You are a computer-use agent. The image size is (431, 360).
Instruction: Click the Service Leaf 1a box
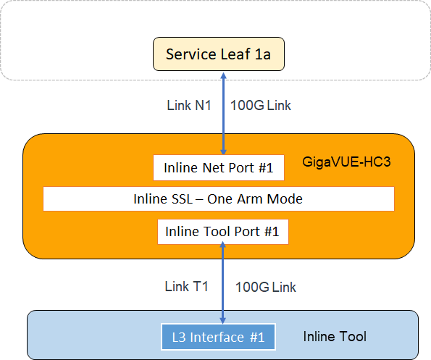coord(219,54)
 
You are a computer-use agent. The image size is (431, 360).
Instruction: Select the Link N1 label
coord(189,106)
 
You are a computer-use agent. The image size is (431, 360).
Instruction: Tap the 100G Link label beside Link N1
coord(261,106)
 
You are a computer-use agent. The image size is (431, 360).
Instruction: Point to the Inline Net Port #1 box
coord(219,167)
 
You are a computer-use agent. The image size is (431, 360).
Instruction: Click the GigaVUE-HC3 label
coord(346,162)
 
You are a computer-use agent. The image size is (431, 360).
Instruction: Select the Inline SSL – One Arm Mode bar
coord(219,199)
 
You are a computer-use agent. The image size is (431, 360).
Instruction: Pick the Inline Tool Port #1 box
coord(223,232)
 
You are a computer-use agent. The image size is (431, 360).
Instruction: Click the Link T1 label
coord(186,287)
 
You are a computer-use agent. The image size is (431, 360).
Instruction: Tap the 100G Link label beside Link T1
coord(266,287)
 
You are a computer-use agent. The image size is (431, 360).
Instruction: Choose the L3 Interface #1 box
coord(218,338)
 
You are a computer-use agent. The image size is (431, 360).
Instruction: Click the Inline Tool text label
coord(335,336)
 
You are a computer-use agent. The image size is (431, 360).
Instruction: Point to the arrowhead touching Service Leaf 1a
coord(224,75)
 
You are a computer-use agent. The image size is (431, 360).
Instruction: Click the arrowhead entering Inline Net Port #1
coord(224,151)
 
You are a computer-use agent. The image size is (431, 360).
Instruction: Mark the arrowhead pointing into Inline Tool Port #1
coord(223,245)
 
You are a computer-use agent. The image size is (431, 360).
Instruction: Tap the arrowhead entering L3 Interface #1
coord(223,320)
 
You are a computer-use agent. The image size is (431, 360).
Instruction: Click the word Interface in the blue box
coord(217,338)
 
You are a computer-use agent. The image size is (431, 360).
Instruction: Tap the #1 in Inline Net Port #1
coord(266,167)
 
